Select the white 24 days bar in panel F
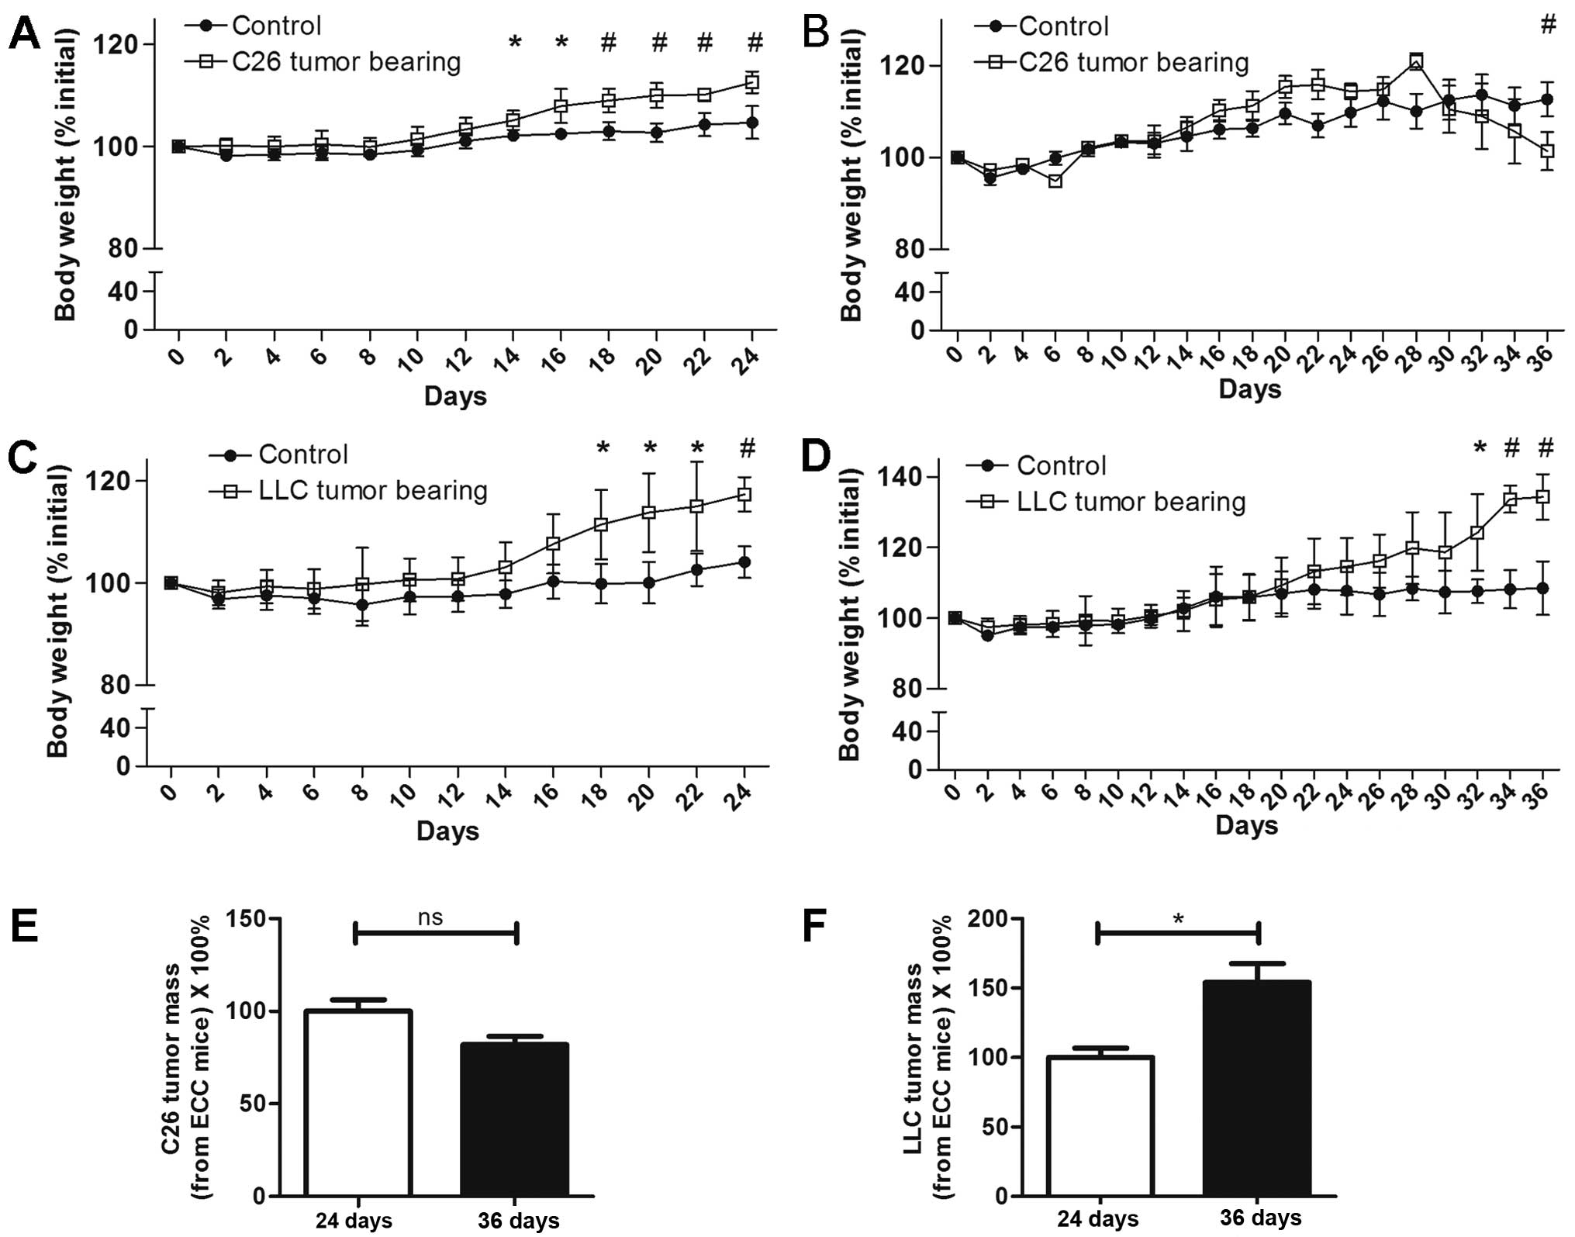tap(1100, 1126)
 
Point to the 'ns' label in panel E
tap(430, 917)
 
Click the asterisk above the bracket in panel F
tap(1179, 921)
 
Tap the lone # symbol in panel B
tap(1548, 25)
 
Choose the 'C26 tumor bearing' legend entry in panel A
tap(346, 62)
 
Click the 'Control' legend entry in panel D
tap(1061, 465)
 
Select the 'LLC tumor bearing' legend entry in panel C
tap(373, 490)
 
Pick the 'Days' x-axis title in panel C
tap(447, 831)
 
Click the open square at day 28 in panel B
tap(1416, 61)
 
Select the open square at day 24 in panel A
tap(751, 82)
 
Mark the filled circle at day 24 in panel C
tap(744, 561)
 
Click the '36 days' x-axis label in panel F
tap(1260, 1218)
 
